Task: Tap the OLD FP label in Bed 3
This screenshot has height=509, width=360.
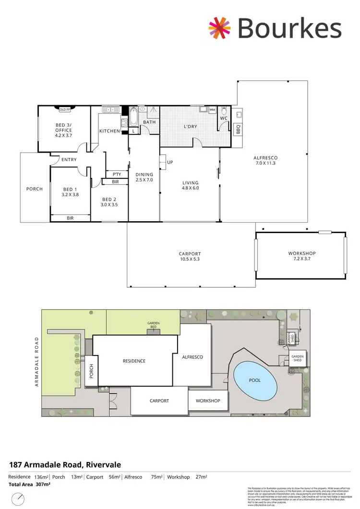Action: pos(64,109)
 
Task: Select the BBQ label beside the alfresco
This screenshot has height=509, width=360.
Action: pos(238,128)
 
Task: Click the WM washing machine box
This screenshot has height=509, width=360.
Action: pos(212,110)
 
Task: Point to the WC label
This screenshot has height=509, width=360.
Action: pos(223,118)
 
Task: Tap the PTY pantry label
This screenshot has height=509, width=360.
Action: pos(116,175)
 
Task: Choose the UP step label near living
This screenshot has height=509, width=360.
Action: pos(170,162)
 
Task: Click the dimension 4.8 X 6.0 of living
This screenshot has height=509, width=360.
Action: pos(190,188)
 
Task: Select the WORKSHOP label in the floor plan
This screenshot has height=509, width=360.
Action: pos(301,253)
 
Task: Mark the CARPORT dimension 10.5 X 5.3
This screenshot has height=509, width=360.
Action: pos(190,260)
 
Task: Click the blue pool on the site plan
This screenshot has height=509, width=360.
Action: pos(255,380)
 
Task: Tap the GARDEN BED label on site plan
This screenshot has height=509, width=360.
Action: pos(154,325)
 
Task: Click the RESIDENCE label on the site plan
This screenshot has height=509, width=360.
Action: pos(134,361)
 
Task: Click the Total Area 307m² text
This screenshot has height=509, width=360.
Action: pos(29,485)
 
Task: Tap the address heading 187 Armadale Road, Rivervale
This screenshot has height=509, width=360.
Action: pos(65,464)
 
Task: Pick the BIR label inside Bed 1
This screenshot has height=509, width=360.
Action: pos(70,218)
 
